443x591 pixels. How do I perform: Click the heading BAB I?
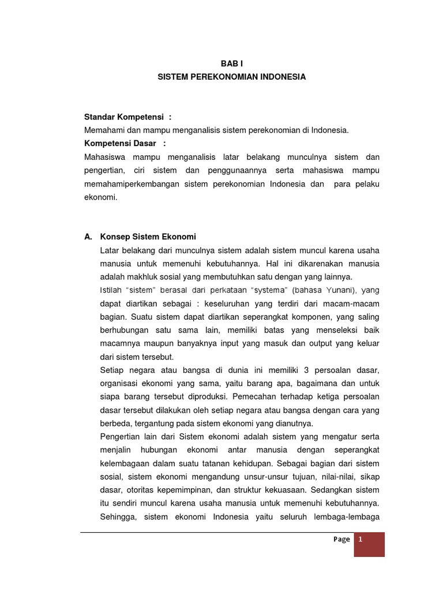[x=232, y=64]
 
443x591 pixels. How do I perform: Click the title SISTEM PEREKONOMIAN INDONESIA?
[x=232, y=77]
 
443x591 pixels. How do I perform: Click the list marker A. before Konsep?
[x=88, y=237]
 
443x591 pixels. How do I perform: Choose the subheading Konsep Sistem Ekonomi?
[x=148, y=237]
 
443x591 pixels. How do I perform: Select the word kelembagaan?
[x=126, y=463]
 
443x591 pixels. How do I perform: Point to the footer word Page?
[x=341, y=539]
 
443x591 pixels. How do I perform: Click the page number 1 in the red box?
[x=361, y=539]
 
